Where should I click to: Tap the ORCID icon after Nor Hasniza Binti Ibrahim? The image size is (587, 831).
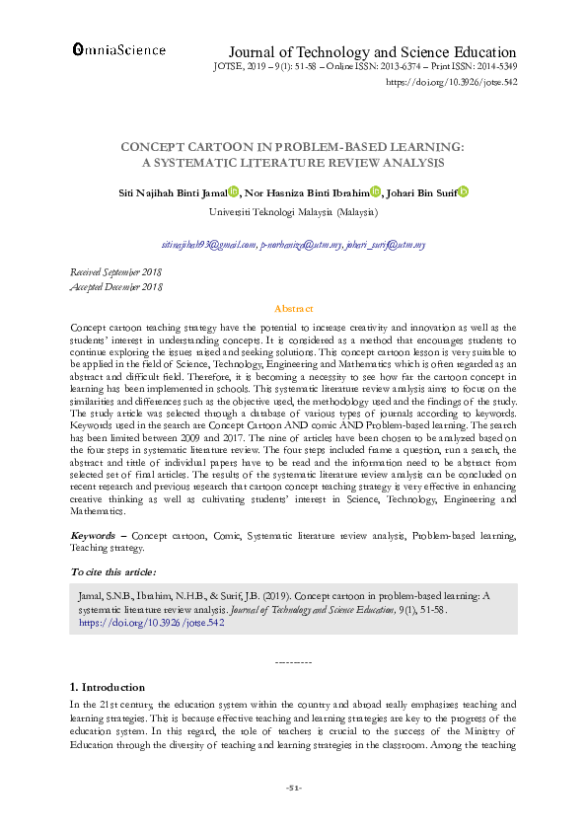375,192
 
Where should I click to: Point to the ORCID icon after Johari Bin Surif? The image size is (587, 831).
463,192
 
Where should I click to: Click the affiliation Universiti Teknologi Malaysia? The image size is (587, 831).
295,211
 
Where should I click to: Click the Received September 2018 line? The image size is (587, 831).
116,270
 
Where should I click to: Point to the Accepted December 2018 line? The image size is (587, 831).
115,286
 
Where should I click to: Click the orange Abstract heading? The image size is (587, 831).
293,308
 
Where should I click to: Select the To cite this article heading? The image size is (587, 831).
112,572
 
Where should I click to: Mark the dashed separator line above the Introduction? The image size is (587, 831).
293,660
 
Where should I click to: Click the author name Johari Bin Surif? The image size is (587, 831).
422,192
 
